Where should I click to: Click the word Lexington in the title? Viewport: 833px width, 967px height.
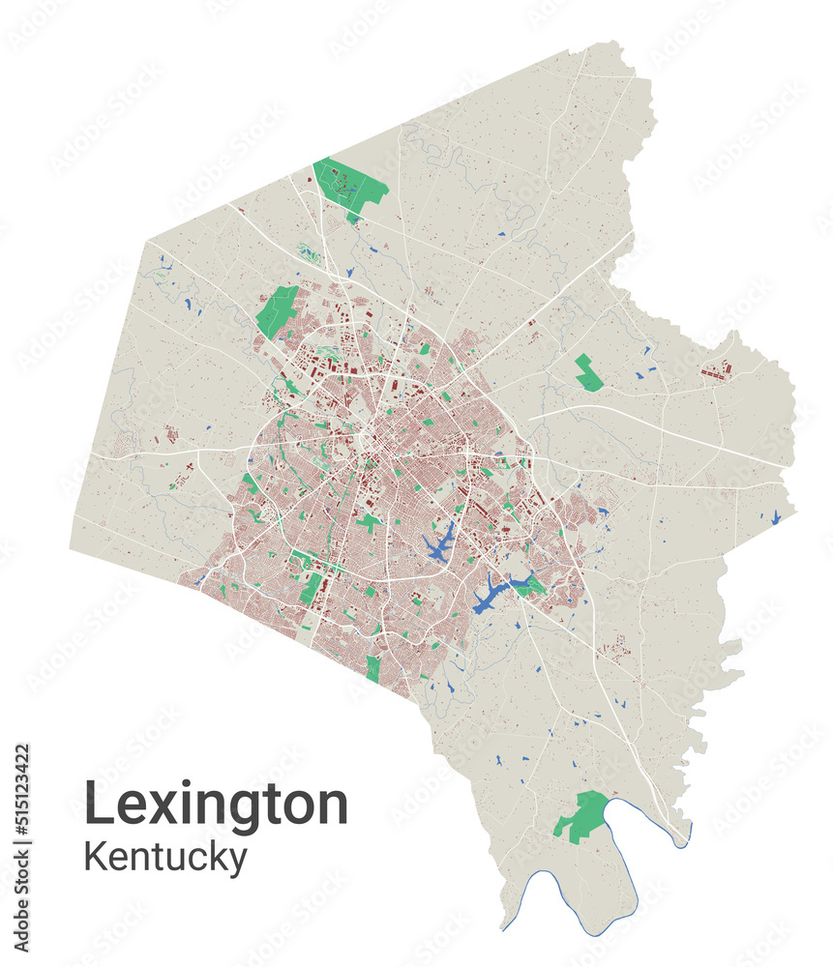pyautogui.click(x=216, y=805)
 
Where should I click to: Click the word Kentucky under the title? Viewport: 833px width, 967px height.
pyautogui.click(x=164, y=857)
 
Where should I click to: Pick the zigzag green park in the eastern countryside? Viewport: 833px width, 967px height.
pyautogui.click(x=587, y=373)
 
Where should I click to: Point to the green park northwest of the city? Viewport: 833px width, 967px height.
pyautogui.click(x=278, y=309)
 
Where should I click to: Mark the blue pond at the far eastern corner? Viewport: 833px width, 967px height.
pyautogui.click(x=776, y=517)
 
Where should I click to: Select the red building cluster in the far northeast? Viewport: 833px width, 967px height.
pyautogui.click(x=716, y=370)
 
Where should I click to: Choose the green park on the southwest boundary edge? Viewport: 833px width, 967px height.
pyautogui.click(x=373, y=668)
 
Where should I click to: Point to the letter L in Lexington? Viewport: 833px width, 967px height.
pyautogui.click(x=97, y=803)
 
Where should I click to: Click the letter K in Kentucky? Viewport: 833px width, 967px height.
pyautogui.click(x=95, y=857)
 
